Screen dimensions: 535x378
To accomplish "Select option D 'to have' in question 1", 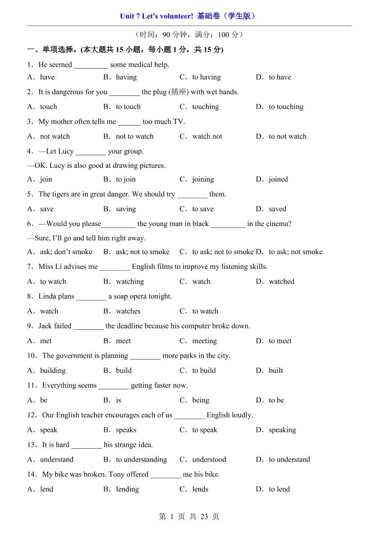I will pos(279,77).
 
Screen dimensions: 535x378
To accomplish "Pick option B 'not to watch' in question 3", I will pos(134,136).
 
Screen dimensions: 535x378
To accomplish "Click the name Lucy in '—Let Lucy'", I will pos(66,152).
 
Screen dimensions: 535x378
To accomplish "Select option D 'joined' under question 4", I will pos(278,179).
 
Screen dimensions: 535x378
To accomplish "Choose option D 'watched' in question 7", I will pos(281,281).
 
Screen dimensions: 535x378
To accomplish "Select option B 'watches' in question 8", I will pos(128,311).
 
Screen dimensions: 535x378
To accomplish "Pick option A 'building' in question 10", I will pos(52,370).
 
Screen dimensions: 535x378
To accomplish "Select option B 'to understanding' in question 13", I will pos(141,460).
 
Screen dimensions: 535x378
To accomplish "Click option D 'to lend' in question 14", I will pos(279,489).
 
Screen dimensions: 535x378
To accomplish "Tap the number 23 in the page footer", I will pos(204,516).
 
